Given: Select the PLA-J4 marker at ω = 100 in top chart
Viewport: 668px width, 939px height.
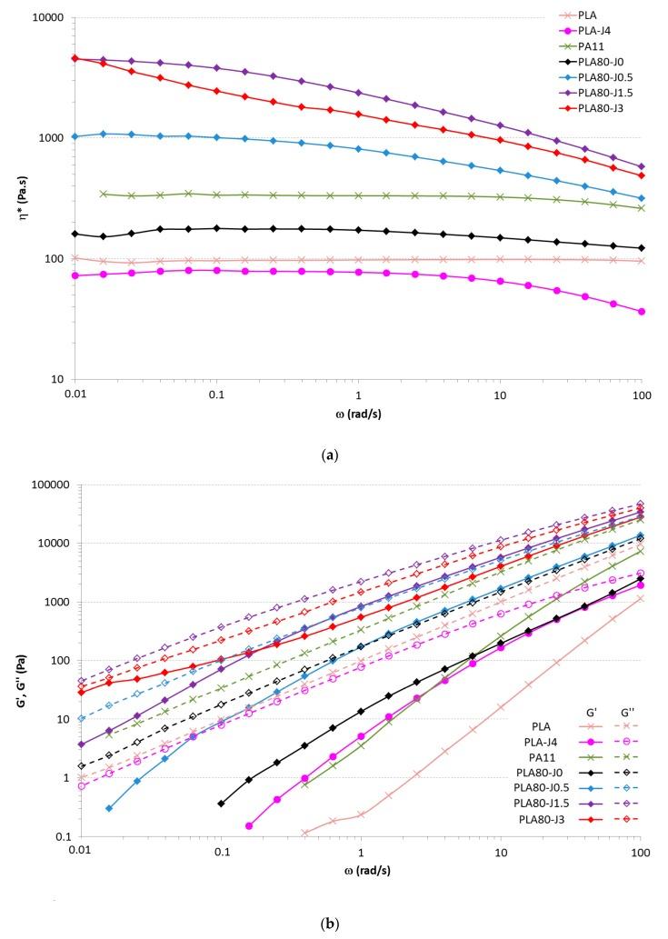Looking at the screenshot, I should [643, 312].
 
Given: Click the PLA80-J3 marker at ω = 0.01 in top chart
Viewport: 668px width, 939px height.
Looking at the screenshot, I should [75, 58].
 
